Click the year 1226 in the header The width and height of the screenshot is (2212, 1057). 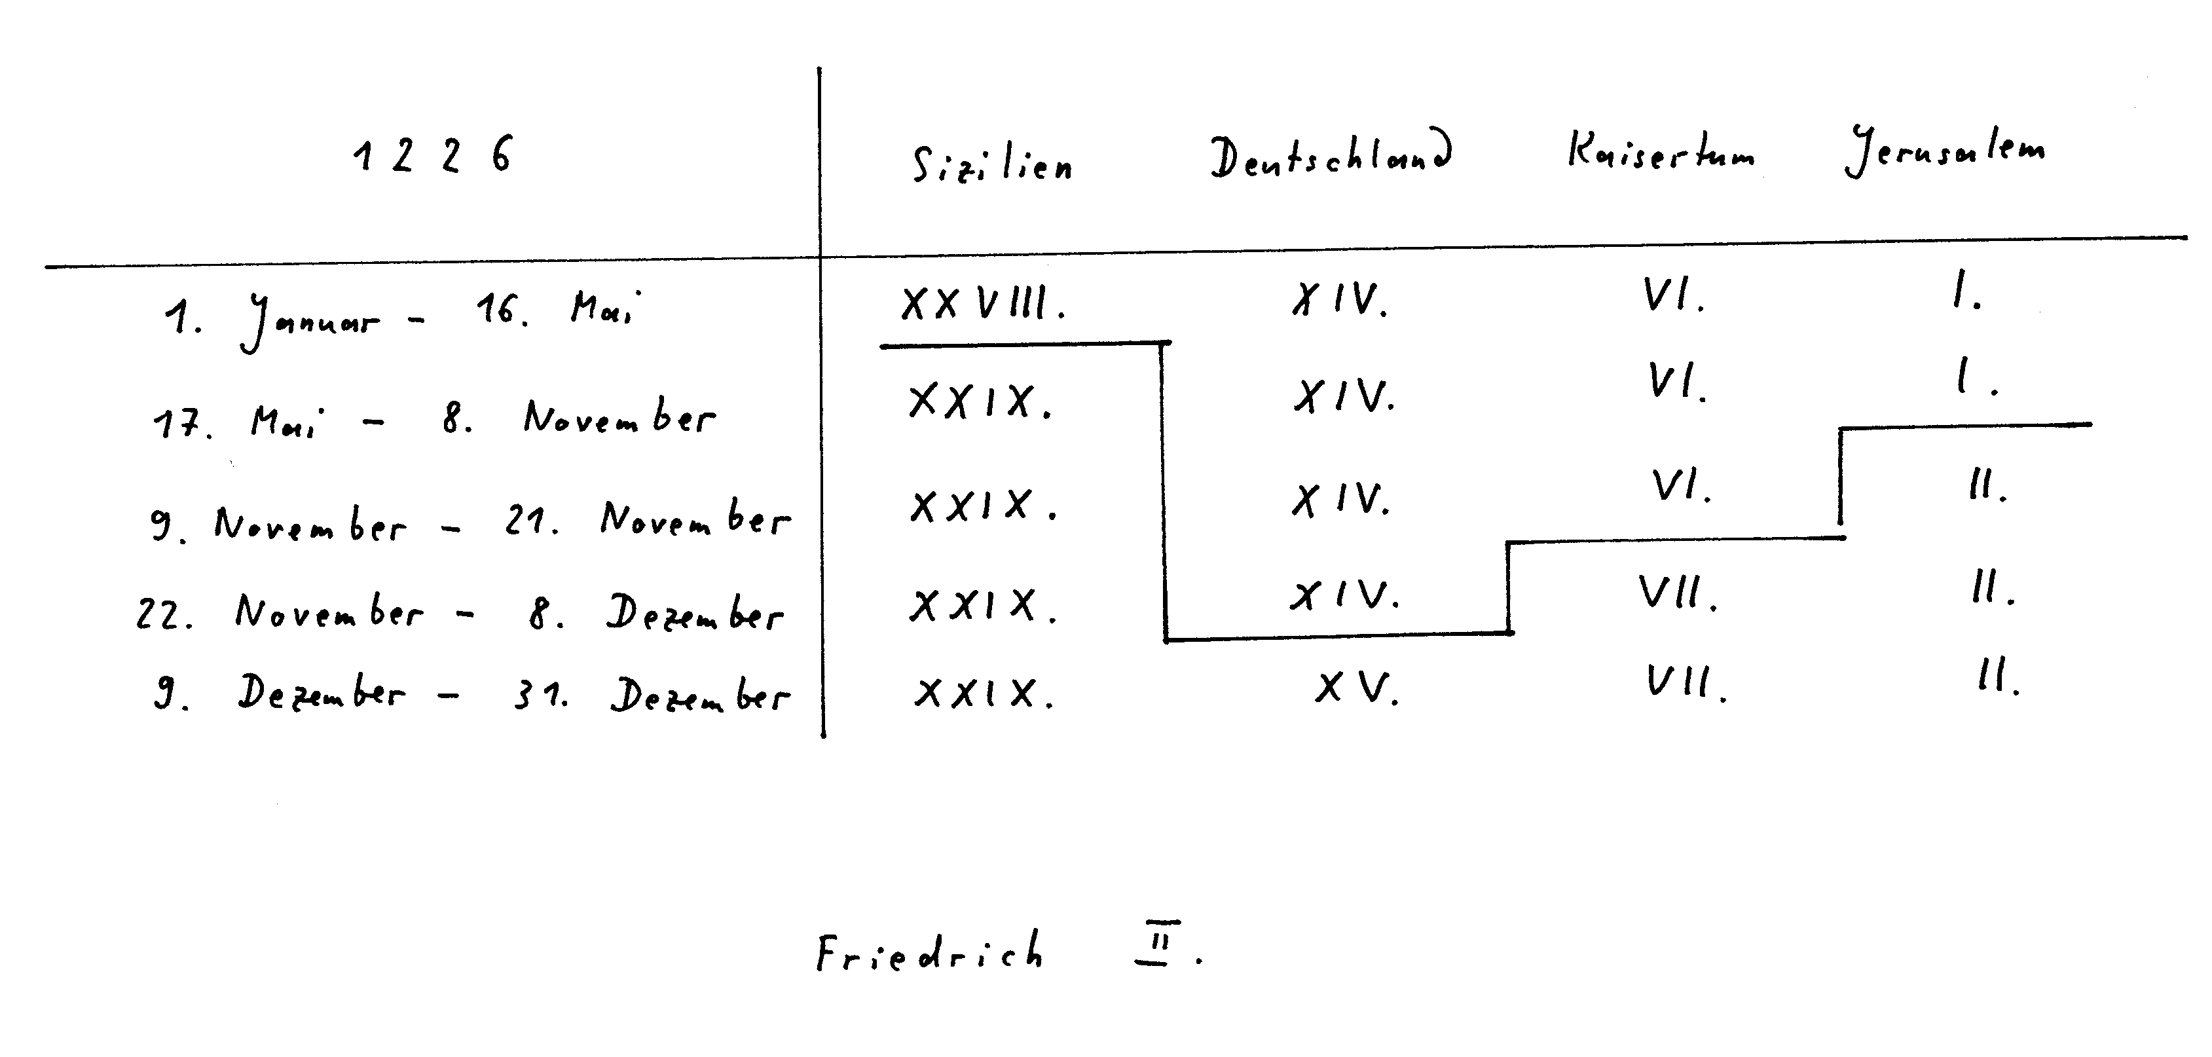coord(432,155)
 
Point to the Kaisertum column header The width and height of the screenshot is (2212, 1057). coord(1661,152)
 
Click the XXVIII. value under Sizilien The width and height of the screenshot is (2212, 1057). coord(982,303)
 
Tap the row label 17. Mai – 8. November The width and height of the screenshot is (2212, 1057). coord(433,420)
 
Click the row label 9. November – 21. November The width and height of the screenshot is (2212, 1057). coord(470,521)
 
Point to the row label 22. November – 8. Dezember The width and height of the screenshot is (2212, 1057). coord(460,612)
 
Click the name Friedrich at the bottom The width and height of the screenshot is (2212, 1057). coord(930,952)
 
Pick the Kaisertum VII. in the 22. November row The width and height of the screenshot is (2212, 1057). coord(1677,593)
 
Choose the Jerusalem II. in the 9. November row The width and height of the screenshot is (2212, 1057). coord(1987,487)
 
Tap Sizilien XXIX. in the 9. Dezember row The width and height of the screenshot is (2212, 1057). coord(983,692)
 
